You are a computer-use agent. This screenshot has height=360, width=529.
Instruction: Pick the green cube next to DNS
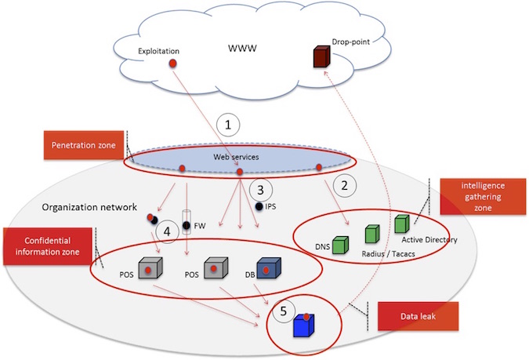click(x=341, y=245)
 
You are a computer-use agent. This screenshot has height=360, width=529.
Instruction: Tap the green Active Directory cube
click(x=402, y=224)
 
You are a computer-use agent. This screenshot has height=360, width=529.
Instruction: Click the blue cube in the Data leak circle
click(x=303, y=325)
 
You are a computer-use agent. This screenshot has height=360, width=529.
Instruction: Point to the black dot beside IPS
click(x=259, y=207)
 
